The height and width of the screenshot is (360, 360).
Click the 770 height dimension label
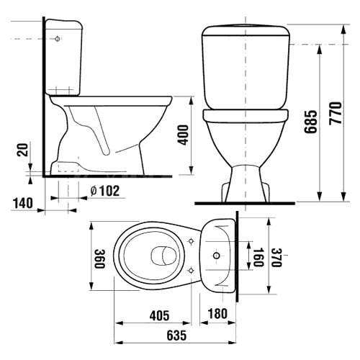click(x=335, y=113)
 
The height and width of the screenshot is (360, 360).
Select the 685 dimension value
click(x=310, y=122)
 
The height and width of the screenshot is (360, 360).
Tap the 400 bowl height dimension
click(x=184, y=135)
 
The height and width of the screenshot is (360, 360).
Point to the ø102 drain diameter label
click(x=105, y=191)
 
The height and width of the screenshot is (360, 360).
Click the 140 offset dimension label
click(x=23, y=203)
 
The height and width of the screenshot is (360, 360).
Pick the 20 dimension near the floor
click(x=22, y=150)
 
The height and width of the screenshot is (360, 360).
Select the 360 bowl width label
click(x=99, y=258)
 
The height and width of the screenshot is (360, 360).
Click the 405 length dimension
click(x=159, y=315)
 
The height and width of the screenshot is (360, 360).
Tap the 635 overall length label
click(x=176, y=336)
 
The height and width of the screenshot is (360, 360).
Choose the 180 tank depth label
click(x=217, y=313)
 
